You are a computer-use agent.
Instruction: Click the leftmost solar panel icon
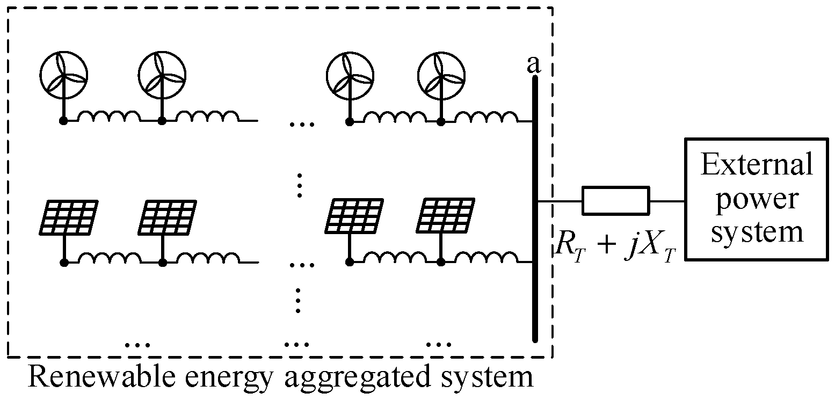point(69,217)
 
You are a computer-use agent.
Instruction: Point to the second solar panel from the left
point(167,217)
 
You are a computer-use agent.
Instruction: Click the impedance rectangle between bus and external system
point(616,201)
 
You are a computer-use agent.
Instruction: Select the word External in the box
point(756,164)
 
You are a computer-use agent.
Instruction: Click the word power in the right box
point(756,199)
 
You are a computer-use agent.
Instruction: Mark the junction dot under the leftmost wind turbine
point(64,121)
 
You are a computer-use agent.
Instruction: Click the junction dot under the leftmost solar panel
point(64,263)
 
